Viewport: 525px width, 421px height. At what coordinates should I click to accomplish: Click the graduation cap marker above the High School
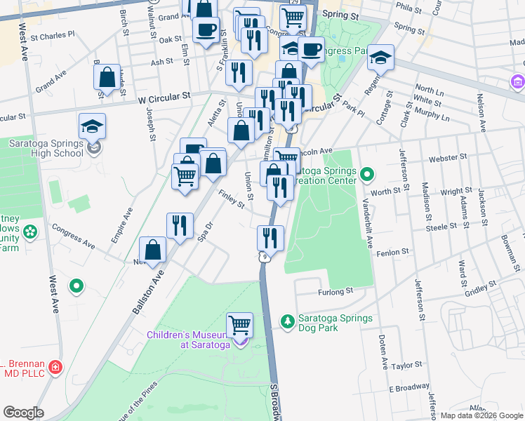coord(92,126)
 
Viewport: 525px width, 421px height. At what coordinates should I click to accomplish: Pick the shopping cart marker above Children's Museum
coord(240,326)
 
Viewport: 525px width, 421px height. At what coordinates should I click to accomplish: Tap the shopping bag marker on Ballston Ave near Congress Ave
coord(153,250)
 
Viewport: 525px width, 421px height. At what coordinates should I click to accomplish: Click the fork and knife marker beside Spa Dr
coord(180,226)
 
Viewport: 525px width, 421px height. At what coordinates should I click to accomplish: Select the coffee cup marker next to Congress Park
coord(310,50)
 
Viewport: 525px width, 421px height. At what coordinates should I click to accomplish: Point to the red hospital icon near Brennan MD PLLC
coord(55,367)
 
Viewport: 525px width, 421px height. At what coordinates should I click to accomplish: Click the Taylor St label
coord(407,366)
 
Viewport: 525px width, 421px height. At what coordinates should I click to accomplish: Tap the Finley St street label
coord(231,200)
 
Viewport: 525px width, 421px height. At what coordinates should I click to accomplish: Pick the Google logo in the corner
coord(24,413)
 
